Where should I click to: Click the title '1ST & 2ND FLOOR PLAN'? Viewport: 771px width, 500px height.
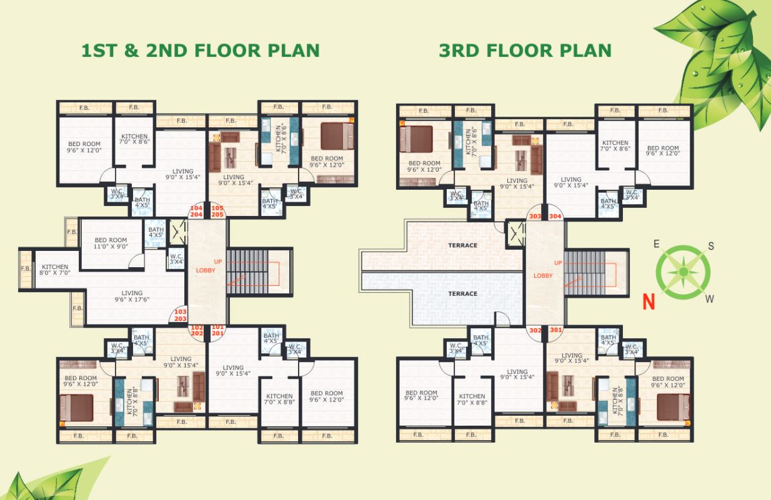tap(201, 51)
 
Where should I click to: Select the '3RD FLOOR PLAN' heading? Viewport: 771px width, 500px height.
tap(525, 51)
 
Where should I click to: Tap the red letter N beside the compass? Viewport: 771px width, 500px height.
tap(649, 302)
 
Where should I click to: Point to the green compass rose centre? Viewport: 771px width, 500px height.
tap(684, 272)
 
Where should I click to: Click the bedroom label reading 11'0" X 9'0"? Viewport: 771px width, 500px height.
tap(110, 243)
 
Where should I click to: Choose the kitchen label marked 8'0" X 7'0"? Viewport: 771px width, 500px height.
tap(55, 270)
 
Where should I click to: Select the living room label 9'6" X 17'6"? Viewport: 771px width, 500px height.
tap(132, 297)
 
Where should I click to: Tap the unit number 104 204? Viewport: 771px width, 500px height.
tap(197, 211)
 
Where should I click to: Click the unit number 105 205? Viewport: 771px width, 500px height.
tap(217, 211)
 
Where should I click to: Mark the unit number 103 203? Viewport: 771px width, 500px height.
tap(180, 315)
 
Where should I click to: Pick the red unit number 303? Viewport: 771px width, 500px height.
tap(535, 217)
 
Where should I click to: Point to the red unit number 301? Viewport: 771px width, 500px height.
tap(555, 330)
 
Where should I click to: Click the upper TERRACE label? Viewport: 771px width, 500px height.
tap(462, 245)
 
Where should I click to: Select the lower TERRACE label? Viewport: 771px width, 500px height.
tap(462, 293)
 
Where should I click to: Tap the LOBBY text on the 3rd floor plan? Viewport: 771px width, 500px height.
tap(543, 275)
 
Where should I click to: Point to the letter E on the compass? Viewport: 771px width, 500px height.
tap(657, 244)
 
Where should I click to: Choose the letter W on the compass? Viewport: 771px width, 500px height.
tap(710, 299)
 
